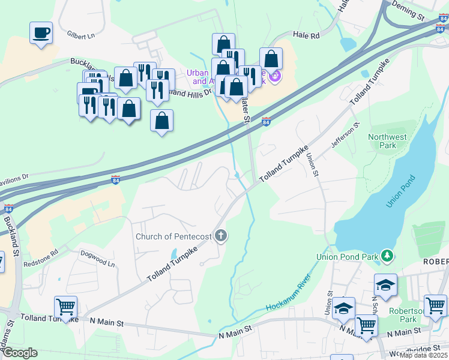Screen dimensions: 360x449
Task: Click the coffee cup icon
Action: [41, 32]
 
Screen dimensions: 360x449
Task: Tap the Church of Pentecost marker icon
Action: [221, 235]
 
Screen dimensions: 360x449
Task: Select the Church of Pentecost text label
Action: [173, 236]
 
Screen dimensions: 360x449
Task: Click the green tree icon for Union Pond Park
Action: [387, 257]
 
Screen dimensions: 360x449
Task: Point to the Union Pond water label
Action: [400, 191]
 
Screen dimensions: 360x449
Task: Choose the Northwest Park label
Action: [387, 142]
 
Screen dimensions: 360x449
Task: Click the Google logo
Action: [20, 353]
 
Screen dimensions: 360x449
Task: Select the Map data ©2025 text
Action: [424, 355]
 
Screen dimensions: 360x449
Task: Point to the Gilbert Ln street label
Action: [81, 35]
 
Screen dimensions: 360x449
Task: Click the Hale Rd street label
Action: [306, 36]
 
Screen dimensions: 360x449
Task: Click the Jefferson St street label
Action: [345, 136]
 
